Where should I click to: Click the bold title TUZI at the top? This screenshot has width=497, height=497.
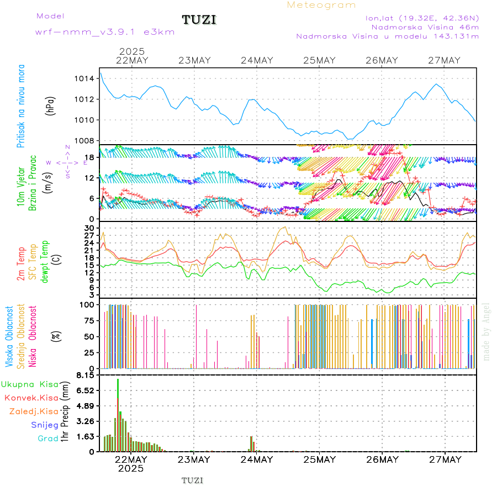(x=199, y=20)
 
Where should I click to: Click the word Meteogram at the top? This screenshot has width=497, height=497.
(x=321, y=5)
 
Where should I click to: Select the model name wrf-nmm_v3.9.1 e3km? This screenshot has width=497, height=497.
(x=105, y=31)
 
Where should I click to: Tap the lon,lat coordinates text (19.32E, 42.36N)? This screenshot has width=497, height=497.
(x=422, y=18)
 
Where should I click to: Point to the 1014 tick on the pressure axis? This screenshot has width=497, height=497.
(x=84, y=78)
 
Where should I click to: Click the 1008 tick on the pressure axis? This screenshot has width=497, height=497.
(x=84, y=140)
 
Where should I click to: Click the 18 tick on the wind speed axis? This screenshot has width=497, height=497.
(x=89, y=157)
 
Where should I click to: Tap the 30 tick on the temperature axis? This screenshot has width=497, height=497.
(x=89, y=228)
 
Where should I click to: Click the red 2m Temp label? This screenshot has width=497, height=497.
(x=21, y=263)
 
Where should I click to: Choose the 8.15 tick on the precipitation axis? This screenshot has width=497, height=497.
(x=86, y=376)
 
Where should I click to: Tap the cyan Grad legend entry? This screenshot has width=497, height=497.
(x=47, y=438)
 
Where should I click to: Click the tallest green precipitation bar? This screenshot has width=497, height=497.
(x=118, y=414)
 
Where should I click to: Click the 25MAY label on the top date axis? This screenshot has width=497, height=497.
(x=319, y=60)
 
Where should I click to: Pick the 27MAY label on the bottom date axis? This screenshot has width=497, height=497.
(x=445, y=459)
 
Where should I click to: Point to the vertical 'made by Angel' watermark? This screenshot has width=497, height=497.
(x=487, y=331)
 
